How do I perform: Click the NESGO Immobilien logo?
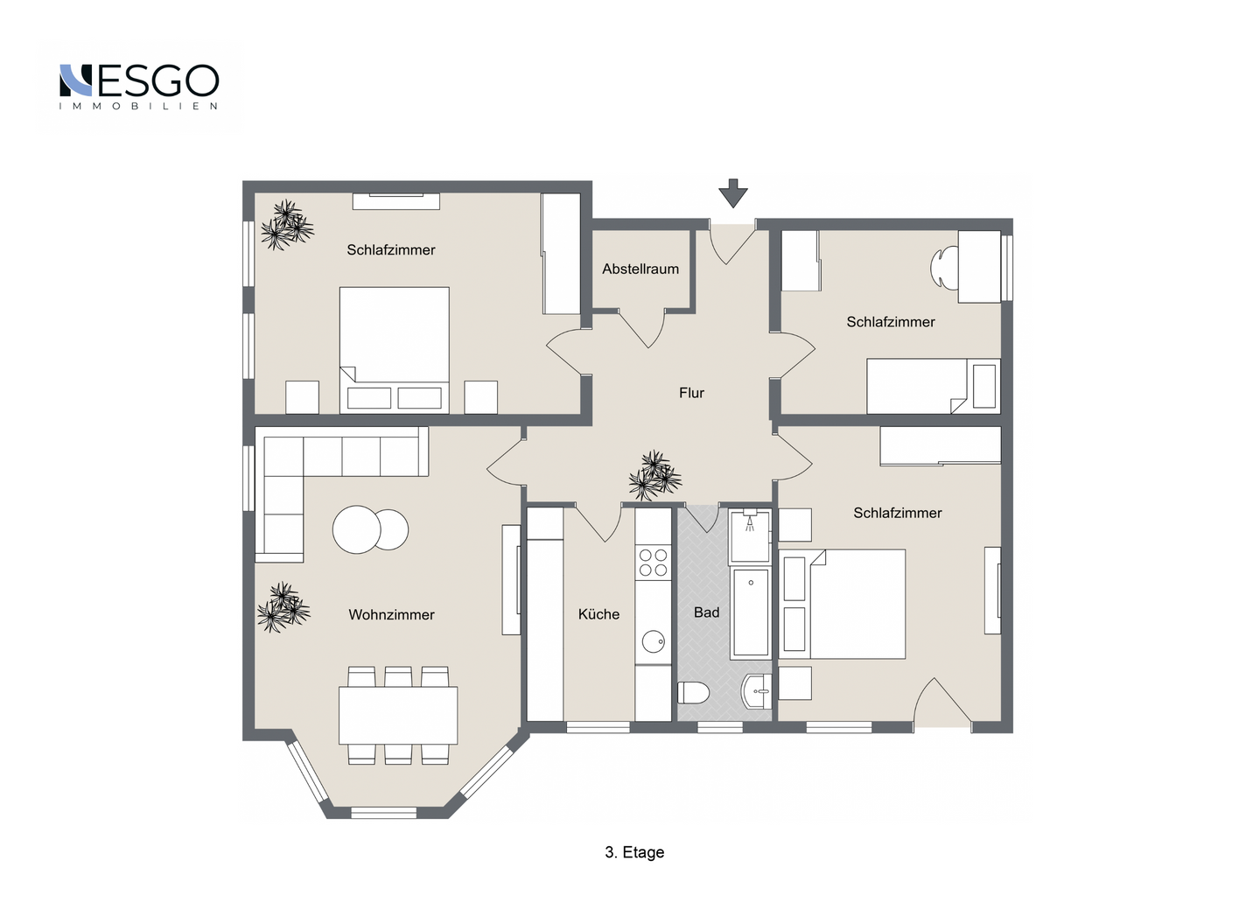[139, 87]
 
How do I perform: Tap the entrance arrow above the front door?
[733, 193]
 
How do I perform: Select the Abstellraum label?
[640, 269]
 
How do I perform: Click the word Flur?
[691, 393]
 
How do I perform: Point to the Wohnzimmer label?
[391, 614]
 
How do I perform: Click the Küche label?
[598, 614]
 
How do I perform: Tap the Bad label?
[706, 612]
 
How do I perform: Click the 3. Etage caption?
[634, 852]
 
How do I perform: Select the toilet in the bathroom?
[693, 693]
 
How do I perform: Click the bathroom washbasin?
[757, 691]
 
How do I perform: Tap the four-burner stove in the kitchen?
[653, 563]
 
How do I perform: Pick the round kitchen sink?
[653, 641]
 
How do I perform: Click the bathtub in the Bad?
[751, 612]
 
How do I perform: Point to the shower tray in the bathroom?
[750, 536]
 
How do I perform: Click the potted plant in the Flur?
[654, 475]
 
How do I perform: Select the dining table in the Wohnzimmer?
[398, 715]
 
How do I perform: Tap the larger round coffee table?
[357, 529]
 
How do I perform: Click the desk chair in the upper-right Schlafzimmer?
[944, 267]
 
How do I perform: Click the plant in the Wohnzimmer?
[283, 607]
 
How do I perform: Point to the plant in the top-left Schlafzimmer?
[287, 224]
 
